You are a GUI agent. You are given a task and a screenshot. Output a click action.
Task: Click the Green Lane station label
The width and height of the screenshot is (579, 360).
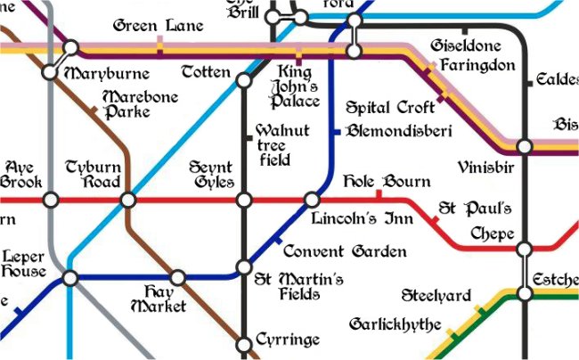158,26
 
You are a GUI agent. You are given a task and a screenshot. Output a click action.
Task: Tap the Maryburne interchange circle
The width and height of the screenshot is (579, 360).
51,71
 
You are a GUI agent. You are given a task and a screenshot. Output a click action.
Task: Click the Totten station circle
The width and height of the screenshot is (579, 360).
243,81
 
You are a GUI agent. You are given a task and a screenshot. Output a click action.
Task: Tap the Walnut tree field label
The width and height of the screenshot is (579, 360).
281,145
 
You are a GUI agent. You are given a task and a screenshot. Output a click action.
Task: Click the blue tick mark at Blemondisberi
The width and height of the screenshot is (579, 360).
336,132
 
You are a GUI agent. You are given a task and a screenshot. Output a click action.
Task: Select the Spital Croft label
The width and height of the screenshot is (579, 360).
390,105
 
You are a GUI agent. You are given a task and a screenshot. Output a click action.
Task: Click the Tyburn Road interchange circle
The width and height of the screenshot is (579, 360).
128,200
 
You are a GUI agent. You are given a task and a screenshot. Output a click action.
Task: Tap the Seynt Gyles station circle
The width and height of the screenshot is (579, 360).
243,200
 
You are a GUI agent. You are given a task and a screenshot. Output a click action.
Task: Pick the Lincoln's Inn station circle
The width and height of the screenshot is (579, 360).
312,200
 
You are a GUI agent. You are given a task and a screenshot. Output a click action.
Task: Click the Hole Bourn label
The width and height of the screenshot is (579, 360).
387,182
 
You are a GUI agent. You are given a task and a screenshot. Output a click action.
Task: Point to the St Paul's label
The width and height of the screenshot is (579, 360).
474,209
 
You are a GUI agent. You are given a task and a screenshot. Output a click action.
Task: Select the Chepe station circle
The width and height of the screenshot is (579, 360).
525,248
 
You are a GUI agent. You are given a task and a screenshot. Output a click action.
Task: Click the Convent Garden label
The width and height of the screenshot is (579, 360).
344,252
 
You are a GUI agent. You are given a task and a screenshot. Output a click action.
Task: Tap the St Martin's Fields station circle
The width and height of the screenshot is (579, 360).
243,267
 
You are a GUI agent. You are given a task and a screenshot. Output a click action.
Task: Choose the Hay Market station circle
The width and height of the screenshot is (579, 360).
178,278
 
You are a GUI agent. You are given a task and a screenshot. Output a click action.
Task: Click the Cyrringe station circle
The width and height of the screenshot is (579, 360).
243,343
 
